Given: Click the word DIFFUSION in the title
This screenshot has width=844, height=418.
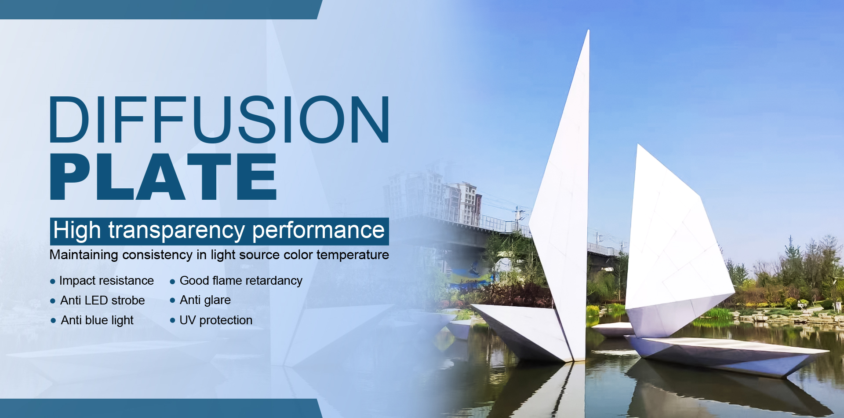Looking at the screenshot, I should (219, 120).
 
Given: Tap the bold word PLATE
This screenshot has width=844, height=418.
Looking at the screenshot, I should (163, 177).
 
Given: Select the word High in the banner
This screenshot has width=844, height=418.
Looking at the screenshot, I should (77, 231).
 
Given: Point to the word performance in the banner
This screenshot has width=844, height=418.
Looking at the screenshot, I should (318, 231).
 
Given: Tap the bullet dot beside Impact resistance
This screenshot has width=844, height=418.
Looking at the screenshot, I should (53, 282).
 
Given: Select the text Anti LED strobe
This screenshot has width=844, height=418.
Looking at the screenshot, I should (102, 301).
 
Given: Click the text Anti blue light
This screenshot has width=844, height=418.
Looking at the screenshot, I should (97, 320).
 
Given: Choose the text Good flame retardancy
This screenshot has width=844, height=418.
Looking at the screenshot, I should (241, 281).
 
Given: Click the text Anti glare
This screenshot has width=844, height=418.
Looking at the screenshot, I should (205, 301).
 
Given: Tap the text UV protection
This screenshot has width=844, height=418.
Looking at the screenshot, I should (216, 320).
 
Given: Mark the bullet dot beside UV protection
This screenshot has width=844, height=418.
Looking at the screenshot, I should (172, 321).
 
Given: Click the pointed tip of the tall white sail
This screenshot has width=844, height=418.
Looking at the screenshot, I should (588, 32).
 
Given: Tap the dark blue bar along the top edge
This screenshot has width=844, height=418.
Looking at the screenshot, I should (158, 9).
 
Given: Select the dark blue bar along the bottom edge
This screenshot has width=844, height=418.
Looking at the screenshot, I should (158, 408).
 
